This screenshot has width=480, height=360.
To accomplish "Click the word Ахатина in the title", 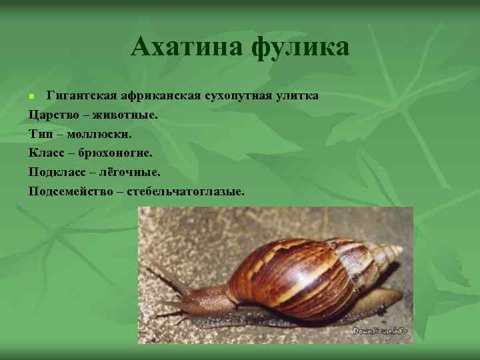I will click(187, 47).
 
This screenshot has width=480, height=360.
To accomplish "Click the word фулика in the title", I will click(301, 47).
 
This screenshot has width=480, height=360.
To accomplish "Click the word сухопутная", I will click(244, 95).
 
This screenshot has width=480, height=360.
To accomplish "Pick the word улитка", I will click(299, 95).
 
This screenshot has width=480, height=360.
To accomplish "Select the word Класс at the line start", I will click(47, 153).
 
